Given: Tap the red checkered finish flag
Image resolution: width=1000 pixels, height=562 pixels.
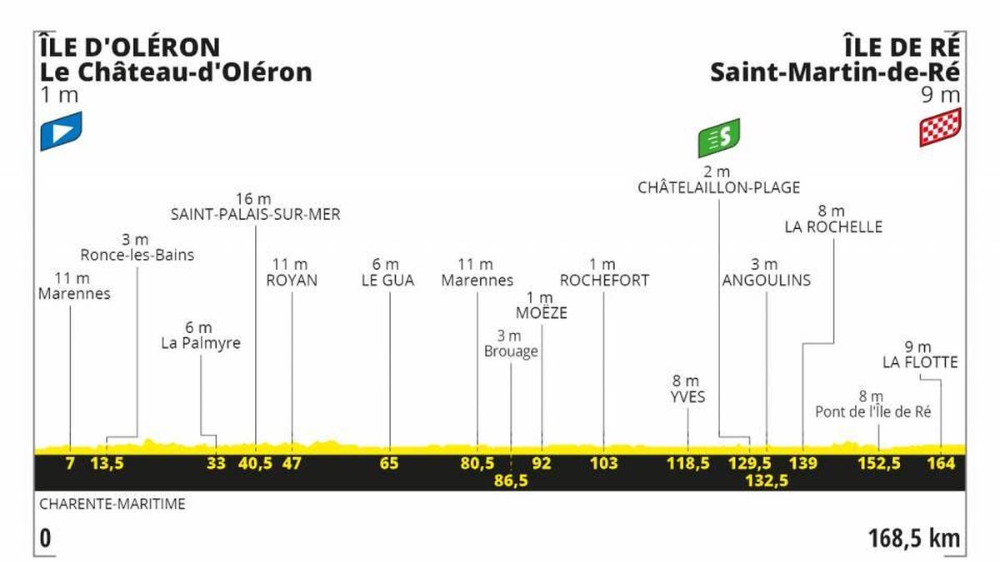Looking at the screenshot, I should click(940, 127).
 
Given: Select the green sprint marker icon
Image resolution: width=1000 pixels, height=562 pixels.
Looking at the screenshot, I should click(718, 137).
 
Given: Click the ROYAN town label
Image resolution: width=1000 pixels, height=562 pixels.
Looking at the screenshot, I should click(292, 281).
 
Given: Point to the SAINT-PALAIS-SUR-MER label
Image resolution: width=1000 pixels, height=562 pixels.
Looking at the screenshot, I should click(256, 215).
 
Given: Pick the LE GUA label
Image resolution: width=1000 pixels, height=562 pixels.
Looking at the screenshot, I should click(388, 281).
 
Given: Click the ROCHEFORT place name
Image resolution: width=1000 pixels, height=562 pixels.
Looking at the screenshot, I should click(604, 281).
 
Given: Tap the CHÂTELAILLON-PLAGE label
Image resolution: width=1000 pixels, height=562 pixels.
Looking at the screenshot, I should click(718, 188).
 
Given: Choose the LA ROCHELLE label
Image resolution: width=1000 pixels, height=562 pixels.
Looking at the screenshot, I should click(832, 226).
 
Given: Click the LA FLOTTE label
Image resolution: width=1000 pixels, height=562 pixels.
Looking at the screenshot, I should click(920, 362).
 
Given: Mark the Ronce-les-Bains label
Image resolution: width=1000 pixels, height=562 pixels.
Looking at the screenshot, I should click(137, 255).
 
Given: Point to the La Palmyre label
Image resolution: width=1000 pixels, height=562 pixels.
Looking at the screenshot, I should click(201, 342).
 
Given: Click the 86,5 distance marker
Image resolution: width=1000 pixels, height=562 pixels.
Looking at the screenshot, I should click(511, 481).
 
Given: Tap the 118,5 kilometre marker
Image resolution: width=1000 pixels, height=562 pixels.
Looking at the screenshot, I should click(687, 464).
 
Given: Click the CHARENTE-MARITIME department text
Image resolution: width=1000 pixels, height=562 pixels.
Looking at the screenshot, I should click(112, 504).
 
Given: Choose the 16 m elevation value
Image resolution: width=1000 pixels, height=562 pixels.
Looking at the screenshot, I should click(255, 198).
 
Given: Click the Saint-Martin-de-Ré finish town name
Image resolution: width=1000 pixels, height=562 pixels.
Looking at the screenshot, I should click(836, 72).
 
